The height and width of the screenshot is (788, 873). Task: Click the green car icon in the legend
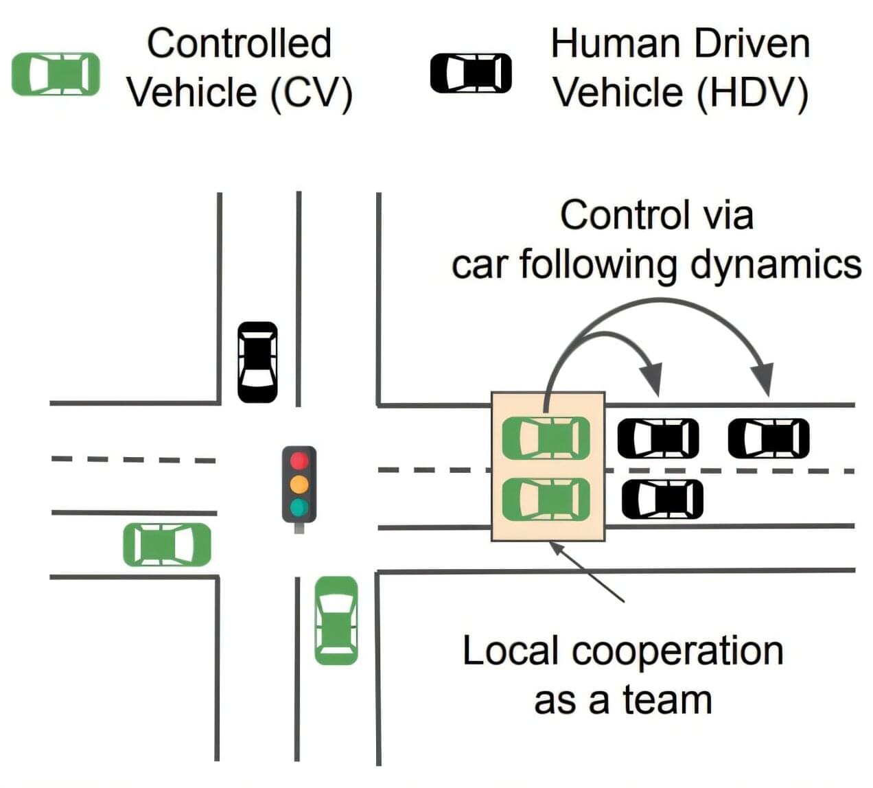pos(56,74)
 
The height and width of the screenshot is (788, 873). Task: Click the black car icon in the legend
pos(471,73)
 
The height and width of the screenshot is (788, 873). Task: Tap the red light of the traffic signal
pos(299,459)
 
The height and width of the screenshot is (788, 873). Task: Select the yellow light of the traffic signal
pos(299,483)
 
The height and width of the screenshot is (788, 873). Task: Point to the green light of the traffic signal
pos(299,507)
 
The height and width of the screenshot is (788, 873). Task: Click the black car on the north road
pos(257,362)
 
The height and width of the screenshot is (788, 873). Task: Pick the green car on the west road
pos(167,544)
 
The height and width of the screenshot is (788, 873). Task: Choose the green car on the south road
pos(336,620)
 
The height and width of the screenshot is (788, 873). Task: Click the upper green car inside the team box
pos(546,438)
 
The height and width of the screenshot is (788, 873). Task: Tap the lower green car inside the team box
pos(546,499)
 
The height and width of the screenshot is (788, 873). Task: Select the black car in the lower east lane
pos(662,499)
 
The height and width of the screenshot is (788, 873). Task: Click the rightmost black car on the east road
pos(769,438)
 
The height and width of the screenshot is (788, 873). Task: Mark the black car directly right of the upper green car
pos(658,438)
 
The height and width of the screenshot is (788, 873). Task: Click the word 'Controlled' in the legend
pos(239,43)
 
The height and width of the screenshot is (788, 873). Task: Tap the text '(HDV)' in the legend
pos(752,93)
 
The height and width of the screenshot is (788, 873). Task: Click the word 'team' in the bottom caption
pos(666,700)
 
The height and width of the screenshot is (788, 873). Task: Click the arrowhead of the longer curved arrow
pos(763,381)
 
